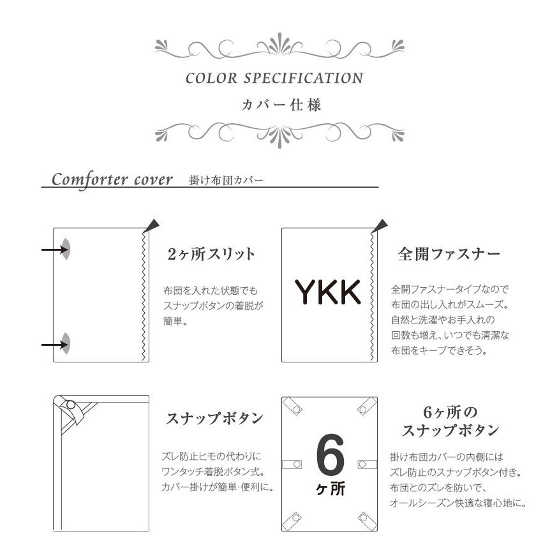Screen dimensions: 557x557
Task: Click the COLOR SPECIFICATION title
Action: point(274,78)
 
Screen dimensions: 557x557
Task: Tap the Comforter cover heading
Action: point(112,179)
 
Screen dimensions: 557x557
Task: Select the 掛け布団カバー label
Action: point(226,181)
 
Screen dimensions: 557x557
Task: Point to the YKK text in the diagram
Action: point(327,292)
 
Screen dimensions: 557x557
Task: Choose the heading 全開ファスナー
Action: point(449,254)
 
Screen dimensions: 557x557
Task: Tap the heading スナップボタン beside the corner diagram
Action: point(214,419)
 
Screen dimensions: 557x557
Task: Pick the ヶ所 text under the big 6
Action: point(330,490)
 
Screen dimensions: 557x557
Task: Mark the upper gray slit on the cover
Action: point(66,248)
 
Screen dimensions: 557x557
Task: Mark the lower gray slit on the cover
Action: point(66,344)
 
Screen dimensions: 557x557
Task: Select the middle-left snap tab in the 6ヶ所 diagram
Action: point(295,464)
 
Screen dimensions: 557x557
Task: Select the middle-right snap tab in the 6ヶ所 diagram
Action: point(364,464)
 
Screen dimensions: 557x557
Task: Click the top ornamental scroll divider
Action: point(279,47)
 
